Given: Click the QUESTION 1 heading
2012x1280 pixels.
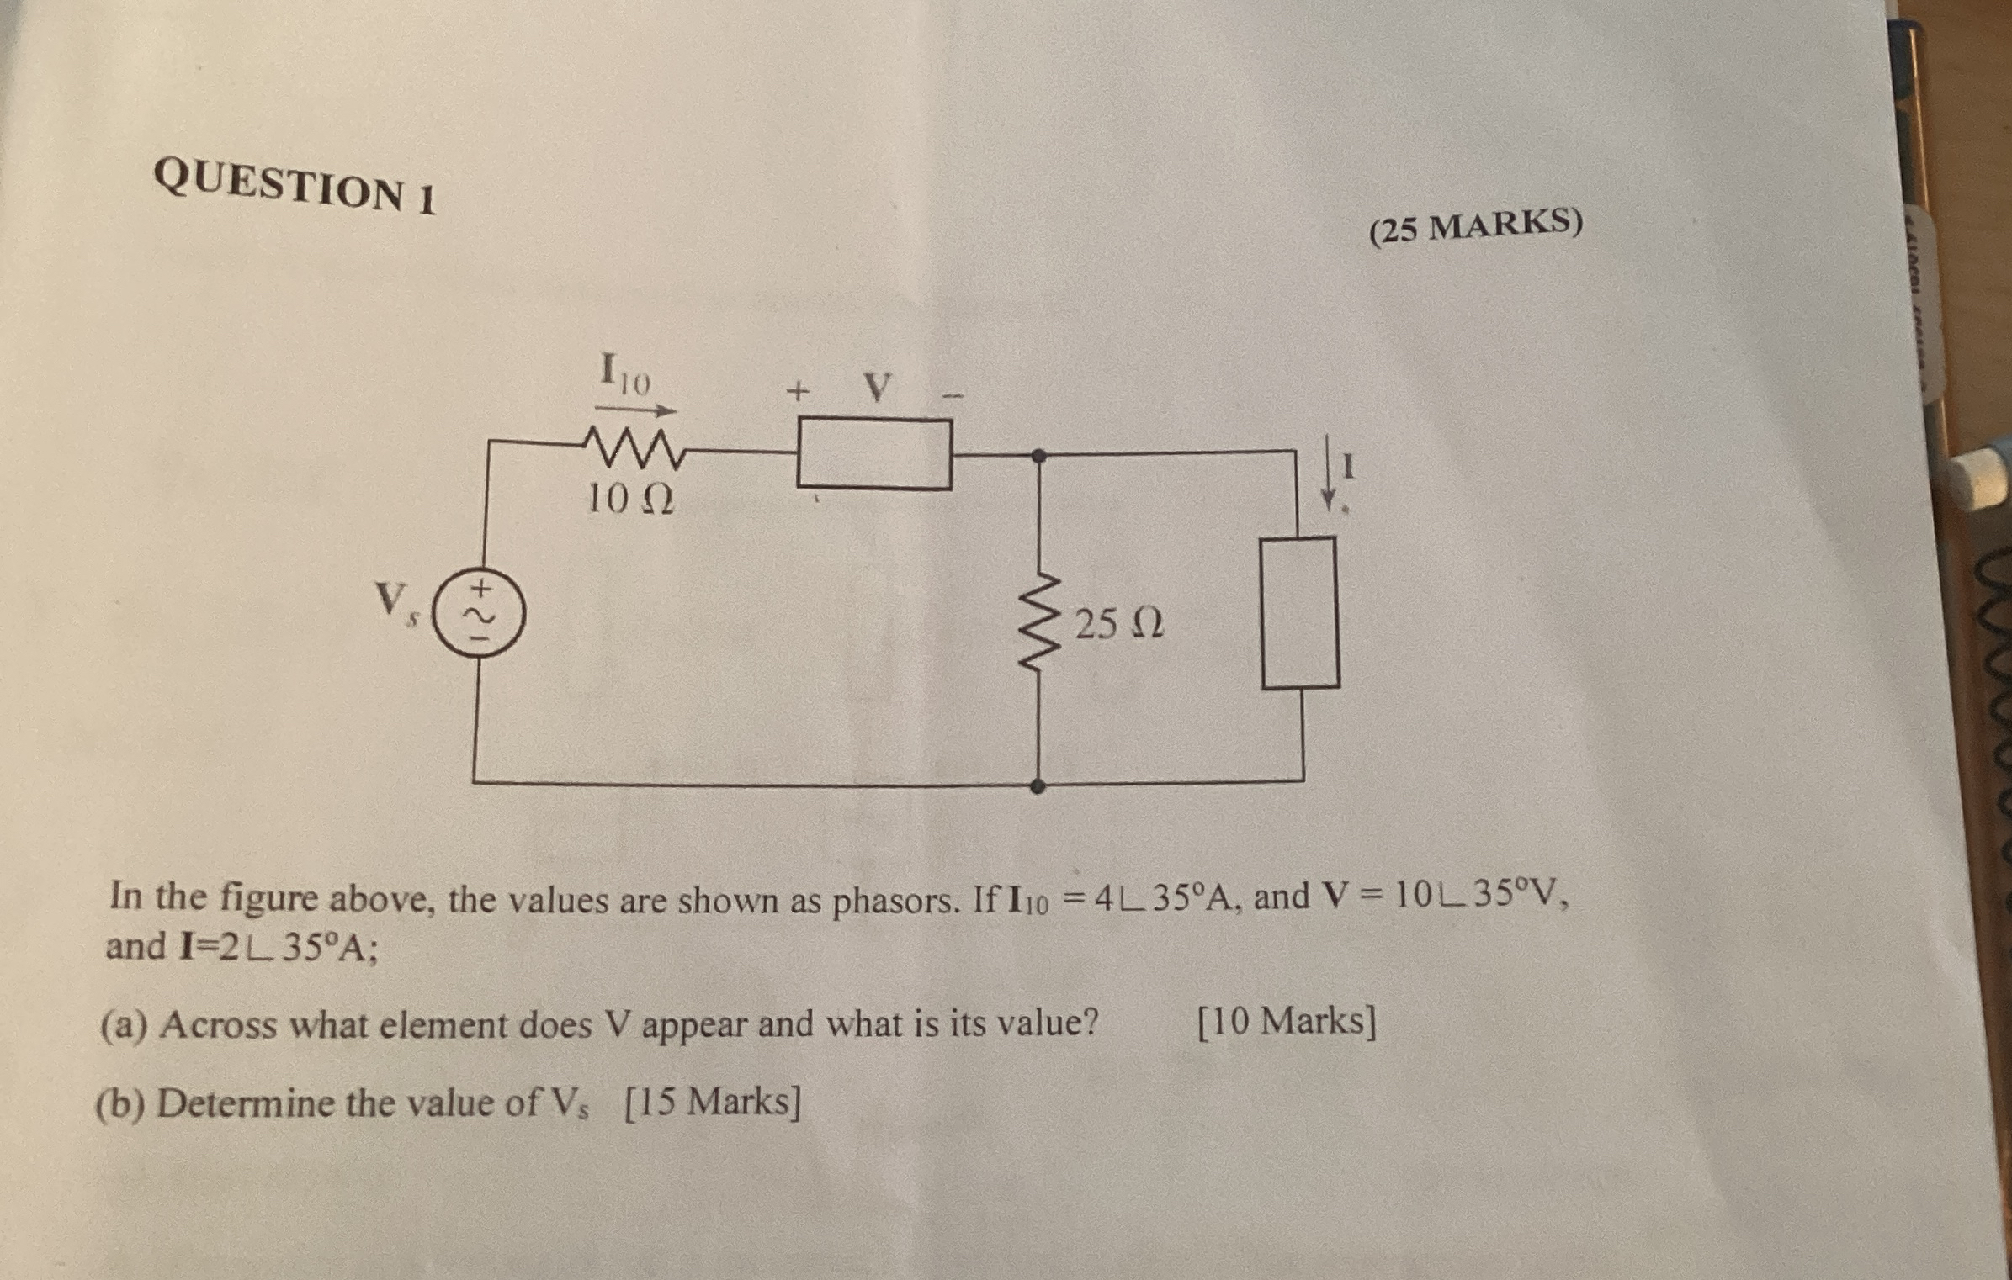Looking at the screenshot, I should pyautogui.click(x=294, y=186).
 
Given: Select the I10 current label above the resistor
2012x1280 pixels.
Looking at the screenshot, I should pyautogui.click(x=624, y=374).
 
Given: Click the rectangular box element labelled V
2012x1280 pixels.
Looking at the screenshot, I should pyautogui.click(x=874, y=454).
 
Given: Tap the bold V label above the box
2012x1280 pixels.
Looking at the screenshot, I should pyautogui.click(x=876, y=389).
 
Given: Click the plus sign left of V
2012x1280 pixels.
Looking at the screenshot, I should pyautogui.click(x=797, y=391).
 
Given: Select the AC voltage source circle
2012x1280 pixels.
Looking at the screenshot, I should pyautogui.click(x=479, y=612).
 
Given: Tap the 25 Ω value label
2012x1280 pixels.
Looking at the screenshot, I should pyautogui.click(x=1120, y=625).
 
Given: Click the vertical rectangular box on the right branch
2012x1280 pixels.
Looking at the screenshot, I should pyautogui.click(x=1299, y=612).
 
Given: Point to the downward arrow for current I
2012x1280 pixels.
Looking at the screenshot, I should pyautogui.click(x=1327, y=471).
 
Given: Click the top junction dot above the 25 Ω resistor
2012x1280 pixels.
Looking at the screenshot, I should pyautogui.click(x=1039, y=455).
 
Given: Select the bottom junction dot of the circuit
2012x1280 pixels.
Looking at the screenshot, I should pyautogui.click(x=1039, y=786).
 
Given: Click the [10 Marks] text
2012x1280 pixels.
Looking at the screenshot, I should pyautogui.click(x=1286, y=1022).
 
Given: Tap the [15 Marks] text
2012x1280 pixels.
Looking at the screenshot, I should pyautogui.click(x=712, y=1102).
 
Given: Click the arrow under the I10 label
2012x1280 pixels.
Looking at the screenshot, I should pyautogui.click(x=635, y=410).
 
